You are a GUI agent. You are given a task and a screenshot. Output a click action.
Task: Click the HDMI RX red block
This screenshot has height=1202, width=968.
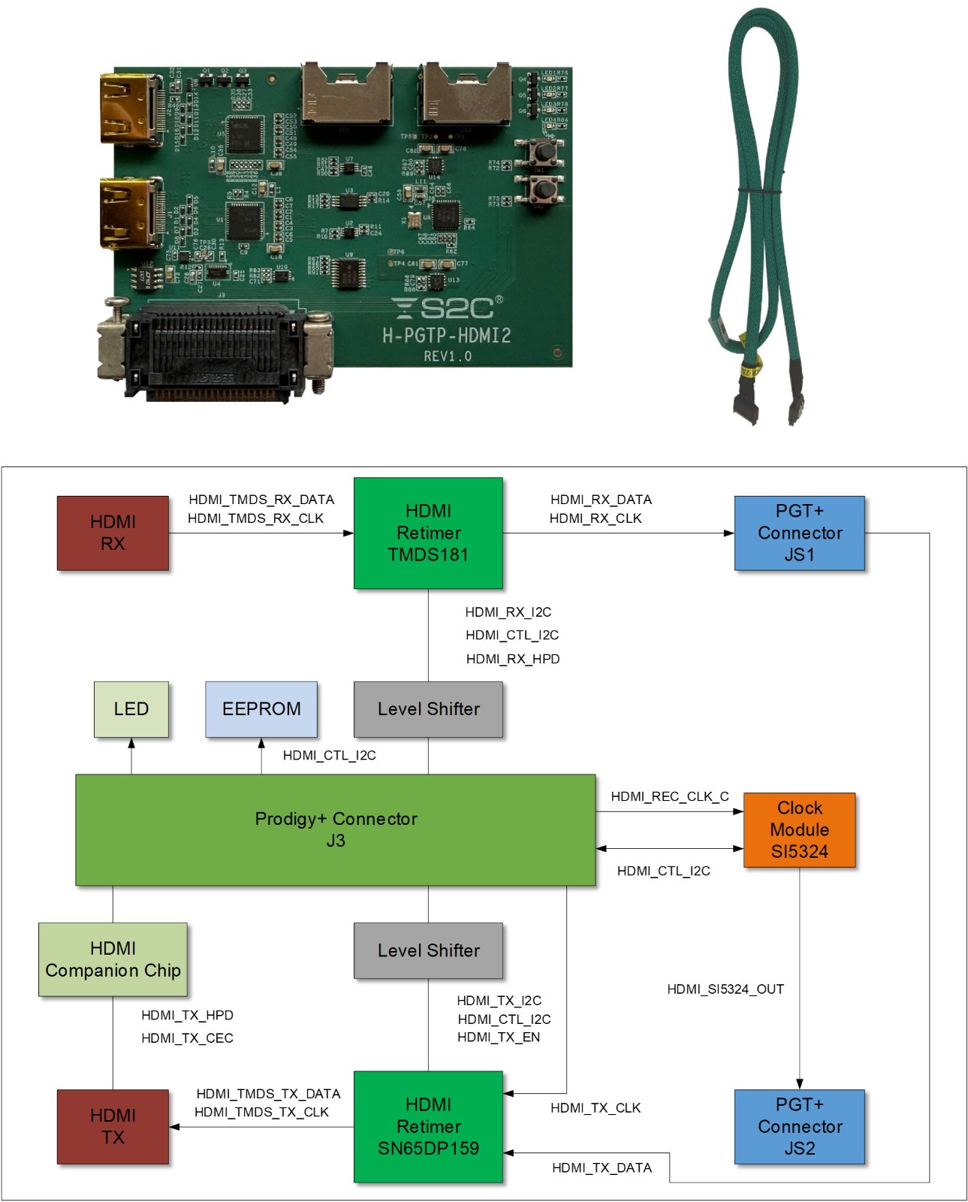[x=113, y=533]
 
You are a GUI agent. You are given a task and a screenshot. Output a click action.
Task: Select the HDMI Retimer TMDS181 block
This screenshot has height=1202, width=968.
[x=428, y=533]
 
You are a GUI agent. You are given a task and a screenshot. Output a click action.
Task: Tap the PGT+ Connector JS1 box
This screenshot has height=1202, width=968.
[x=799, y=533]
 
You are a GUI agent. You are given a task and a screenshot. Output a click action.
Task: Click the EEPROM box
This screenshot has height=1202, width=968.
[x=261, y=709]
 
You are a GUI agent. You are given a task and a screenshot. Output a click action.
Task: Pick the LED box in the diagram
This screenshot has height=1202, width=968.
[x=131, y=709]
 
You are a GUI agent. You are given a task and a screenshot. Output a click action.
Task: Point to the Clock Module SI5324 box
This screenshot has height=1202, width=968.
[x=799, y=829]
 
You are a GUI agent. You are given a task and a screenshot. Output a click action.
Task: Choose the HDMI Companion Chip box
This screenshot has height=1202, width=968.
[x=113, y=959]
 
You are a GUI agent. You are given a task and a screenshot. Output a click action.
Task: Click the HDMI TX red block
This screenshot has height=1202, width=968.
[x=113, y=1126]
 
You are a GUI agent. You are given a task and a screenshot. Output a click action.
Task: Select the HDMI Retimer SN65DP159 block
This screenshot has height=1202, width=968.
[x=428, y=1126]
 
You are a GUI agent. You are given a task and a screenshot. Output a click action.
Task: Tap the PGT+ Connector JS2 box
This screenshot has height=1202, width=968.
[x=799, y=1126]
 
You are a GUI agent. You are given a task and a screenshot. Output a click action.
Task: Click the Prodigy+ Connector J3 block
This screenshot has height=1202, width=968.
[x=335, y=829]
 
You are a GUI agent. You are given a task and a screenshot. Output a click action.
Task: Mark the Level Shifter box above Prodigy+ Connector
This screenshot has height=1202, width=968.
[x=428, y=709]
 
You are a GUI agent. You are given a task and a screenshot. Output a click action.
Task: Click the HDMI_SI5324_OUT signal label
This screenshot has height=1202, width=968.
[x=725, y=989]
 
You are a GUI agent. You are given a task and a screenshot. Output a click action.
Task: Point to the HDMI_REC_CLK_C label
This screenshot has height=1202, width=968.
[x=669, y=796]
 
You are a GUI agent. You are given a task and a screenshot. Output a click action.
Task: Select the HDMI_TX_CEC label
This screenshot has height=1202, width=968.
[x=187, y=1038]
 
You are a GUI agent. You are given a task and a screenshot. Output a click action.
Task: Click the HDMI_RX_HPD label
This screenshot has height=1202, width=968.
[x=512, y=659]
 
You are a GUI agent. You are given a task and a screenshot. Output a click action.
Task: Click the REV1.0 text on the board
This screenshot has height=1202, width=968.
[x=448, y=356]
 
